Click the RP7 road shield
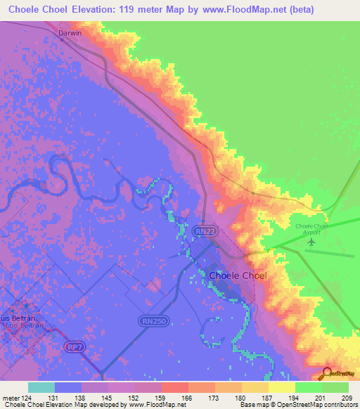(x=73, y=346)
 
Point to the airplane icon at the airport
(x=311, y=242)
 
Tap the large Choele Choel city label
(x=238, y=275)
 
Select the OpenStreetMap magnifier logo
(x=327, y=375)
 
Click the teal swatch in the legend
(x=41, y=387)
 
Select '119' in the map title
(x=134, y=10)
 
